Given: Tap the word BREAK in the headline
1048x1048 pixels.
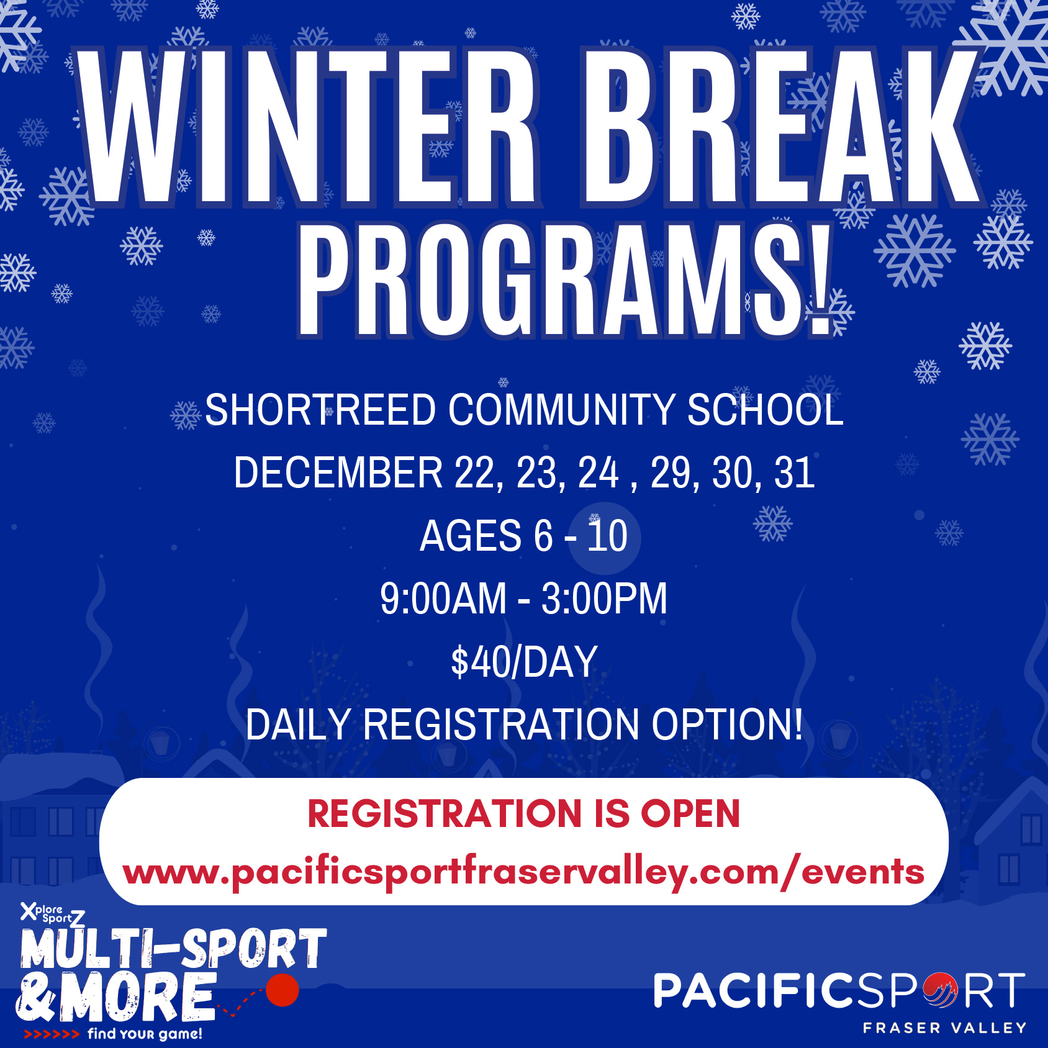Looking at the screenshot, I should [x=779, y=127].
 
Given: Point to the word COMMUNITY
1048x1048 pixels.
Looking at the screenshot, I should [x=561, y=410].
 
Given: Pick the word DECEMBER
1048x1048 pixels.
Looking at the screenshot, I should [x=338, y=473].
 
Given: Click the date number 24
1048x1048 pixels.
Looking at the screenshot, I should [x=599, y=473].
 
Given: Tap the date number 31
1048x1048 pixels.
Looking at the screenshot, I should [x=794, y=473].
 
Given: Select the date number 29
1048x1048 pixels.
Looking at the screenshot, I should [x=671, y=473].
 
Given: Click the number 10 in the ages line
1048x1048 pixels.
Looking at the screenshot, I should [x=607, y=536].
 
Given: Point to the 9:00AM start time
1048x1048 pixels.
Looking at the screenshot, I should [x=443, y=599].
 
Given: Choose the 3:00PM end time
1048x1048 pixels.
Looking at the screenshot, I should [x=604, y=599].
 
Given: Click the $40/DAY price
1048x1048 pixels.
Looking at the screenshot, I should [x=524, y=662].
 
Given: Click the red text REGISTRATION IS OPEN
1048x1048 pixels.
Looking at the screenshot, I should [x=524, y=814].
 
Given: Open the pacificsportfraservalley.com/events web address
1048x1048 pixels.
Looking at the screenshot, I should [x=524, y=872].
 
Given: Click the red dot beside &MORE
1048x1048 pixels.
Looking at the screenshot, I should [x=282, y=990].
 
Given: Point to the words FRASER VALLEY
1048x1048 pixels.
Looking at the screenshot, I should [x=944, y=1028].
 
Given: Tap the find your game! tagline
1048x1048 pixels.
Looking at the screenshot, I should [x=145, y=1034].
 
